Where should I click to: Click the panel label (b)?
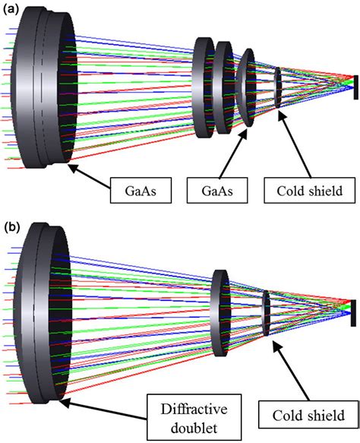pyautogui.click(x=11, y=228)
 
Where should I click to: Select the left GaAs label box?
pyautogui.click(x=141, y=190)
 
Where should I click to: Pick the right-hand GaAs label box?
pyautogui.click(x=217, y=190)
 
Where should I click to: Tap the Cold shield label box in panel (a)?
pyautogui.click(x=309, y=190)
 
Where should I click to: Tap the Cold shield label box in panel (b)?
pyautogui.click(x=308, y=416)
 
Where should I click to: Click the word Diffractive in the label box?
pyautogui.click(x=194, y=410)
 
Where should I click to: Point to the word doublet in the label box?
pyautogui.click(x=194, y=429)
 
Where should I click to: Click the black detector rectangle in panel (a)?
pyautogui.click(x=355, y=87)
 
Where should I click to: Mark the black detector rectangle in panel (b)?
pyautogui.click(x=353, y=313)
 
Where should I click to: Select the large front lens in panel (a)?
pyautogui.click(x=44, y=87)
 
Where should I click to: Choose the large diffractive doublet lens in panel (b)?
pyautogui.click(x=43, y=313)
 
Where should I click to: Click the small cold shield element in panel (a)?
pyautogui.click(x=278, y=87)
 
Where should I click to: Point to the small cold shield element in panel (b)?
pyautogui.click(x=267, y=313)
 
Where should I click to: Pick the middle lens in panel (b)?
pyautogui.click(x=221, y=313)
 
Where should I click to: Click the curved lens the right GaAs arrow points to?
pyautogui.click(x=246, y=87)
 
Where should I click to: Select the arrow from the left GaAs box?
pyautogui.click(x=89, y=176)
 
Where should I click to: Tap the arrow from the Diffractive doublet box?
pyautogui.click(x=103, y=409)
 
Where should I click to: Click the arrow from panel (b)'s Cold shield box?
pyautogui.click(x=291, y=370)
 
